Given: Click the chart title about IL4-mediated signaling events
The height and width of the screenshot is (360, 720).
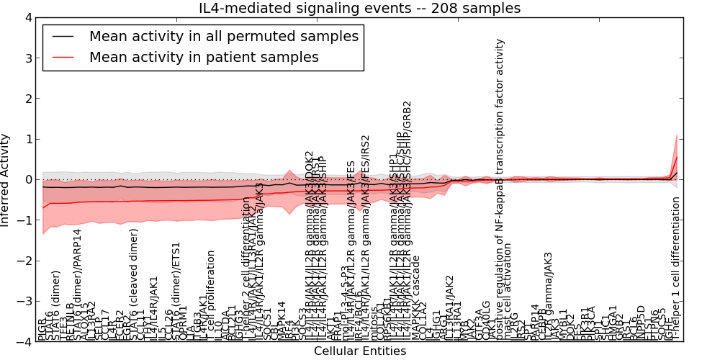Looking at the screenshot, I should (359, 8).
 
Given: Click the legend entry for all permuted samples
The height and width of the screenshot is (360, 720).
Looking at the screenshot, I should (223, 36).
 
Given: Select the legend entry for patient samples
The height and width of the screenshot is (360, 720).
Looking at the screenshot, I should (204, 57).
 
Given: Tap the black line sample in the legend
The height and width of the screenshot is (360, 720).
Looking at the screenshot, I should (63, 36).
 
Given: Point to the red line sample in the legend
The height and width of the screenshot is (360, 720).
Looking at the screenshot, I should (63, 57).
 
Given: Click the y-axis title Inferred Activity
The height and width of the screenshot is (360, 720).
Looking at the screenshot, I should (6, 179).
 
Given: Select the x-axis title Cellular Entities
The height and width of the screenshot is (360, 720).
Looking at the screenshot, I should (359, 351).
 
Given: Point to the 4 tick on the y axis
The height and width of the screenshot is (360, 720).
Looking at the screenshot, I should (28, 18).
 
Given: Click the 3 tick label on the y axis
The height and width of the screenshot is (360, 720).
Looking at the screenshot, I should (28, 58).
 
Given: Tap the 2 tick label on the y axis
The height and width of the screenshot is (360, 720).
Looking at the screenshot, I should (28, 99).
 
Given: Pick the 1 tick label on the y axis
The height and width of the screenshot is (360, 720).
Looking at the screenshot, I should (28, 139).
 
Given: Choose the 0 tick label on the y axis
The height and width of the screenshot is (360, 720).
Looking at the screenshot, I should (28, 180).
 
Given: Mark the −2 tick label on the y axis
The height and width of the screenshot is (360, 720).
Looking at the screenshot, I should (25, 261).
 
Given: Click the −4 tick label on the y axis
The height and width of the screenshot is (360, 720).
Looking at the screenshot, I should (25, 342).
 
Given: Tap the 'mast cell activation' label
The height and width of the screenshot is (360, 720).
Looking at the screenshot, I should (508, 292).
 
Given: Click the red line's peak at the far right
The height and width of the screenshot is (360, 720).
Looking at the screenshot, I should (677, 157).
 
